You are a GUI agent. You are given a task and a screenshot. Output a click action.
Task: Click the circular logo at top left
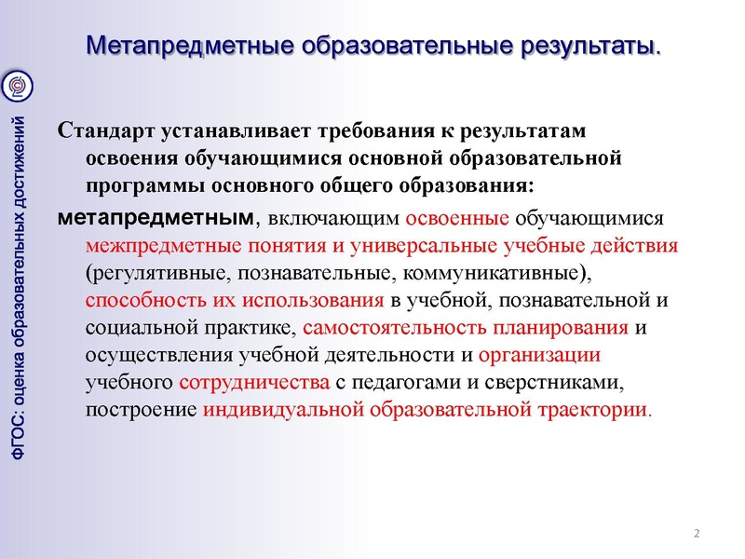(20, 86)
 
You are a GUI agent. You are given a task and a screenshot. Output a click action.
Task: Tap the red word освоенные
(457, 220)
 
